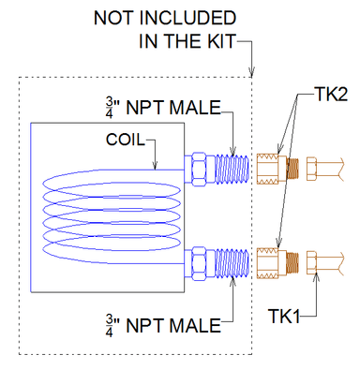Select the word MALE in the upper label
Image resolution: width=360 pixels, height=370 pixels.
[x=194, y=109]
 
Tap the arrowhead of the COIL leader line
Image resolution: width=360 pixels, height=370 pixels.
[x=156, y=165]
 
